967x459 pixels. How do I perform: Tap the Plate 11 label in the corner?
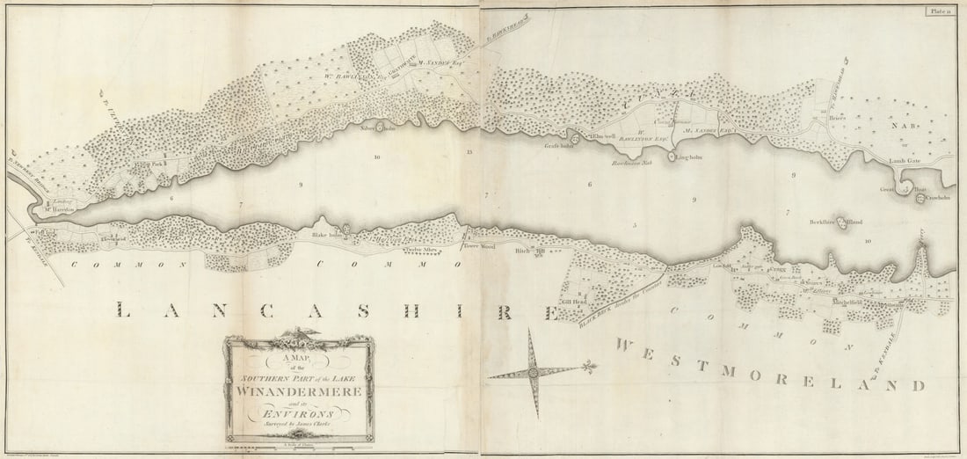tap(938, 11)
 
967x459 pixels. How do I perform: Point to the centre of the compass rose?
tap(534, 373)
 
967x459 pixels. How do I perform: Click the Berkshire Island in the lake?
tap(841, 222)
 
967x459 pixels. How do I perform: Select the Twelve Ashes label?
tap(396, 249)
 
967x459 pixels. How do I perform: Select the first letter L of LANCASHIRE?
tap(120, 310)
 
